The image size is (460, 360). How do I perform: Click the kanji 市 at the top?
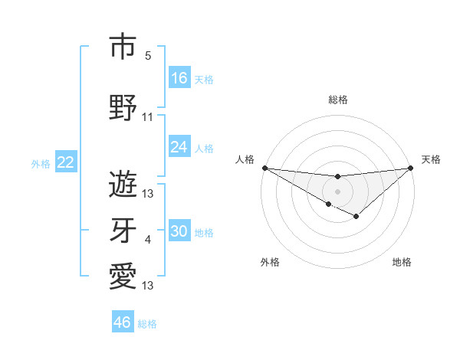pyautogui.click(x=123, y=47)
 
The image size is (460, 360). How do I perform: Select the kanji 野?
pyautogui.click(x=123, y=108)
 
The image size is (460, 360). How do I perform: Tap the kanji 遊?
pyautogui.click(x=123, y=184)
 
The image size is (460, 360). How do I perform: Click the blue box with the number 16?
pyautogui.click(x=179, y=78)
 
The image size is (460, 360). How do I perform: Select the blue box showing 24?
pyautogui.click(x=179, y=147)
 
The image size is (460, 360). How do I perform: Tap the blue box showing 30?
pyautogui.click(x=179, y=231)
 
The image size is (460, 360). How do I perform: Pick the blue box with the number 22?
pyautogui.click(x=66, y=162)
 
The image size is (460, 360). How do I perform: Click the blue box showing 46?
pyautogui.click(x=123, y=322)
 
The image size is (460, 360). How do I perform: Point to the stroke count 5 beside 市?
pyautogui.click(x=148, y=56)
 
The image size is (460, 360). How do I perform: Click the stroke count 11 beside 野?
pyautogui.click(x=148, y=117)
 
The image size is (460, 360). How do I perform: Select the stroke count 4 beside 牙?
pyautogui.click(x=148, y=240)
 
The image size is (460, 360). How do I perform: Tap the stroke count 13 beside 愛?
pyautogui.click(x=148, y=286)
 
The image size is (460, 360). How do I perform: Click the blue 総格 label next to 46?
pyautogui.click(x=147, y=324)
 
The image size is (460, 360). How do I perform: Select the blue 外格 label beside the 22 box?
pyautogui.click(x=41, y=163)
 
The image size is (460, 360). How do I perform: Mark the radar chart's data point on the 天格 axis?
pyautogui.click(x=410, y=168)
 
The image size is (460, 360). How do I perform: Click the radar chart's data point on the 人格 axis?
pyautogui.click(x=264, y=168)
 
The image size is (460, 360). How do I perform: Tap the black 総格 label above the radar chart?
pyautogui.click(x=337, y=100)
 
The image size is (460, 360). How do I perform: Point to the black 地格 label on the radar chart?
pyautogui.click(x=402, y=262)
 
